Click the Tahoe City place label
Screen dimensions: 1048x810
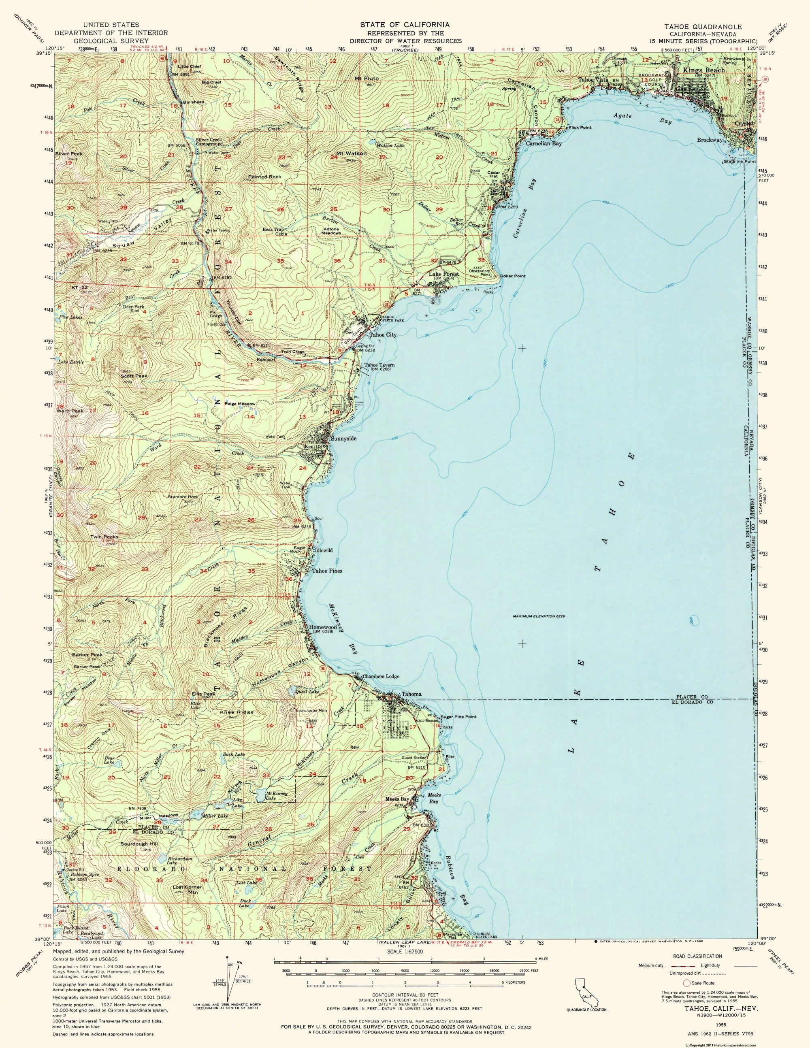[382, 335]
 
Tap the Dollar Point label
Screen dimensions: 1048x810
[512, 276]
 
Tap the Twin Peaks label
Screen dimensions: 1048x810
[104, 537]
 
